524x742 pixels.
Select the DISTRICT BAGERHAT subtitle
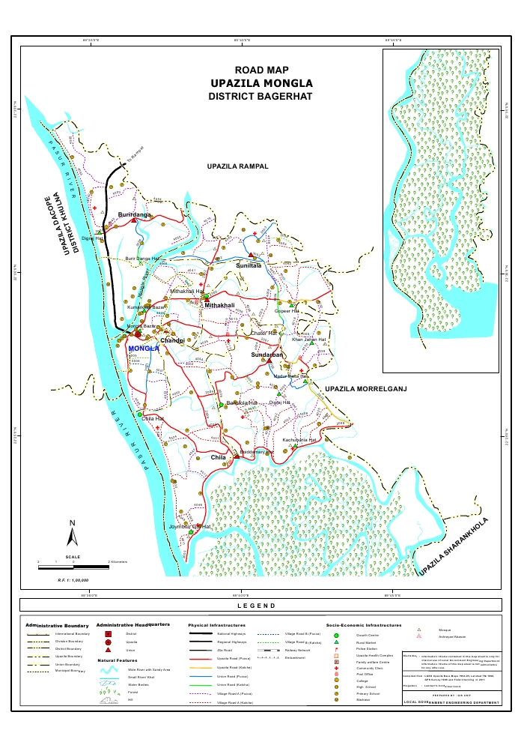pyautogui.click(x=261, y=97)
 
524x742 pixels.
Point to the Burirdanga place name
pyautogui.click(x=135, y=214)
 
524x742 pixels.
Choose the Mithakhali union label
pyautogui.click(x=220, y=306)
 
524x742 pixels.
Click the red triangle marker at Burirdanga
pyautogui.click(x=134, y=220)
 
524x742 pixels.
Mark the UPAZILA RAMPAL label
pyautogui.click(x=237, y=166)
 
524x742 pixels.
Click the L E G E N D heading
pyautogui.click(x=261, y=606)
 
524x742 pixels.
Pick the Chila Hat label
pyautogui.click(x=153, y=418)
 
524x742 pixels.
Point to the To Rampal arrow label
pyautogui.click(x=134, y=157)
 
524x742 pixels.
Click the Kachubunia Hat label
pyautogui.click(x=299, y=440)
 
